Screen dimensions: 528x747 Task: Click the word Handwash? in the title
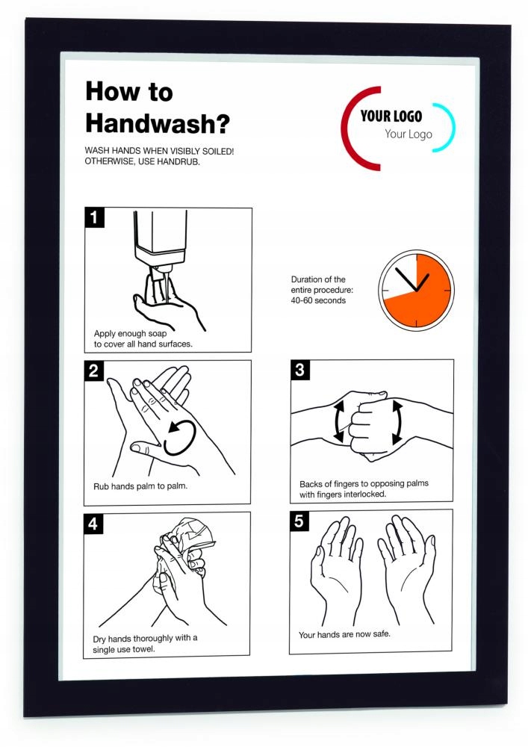158,123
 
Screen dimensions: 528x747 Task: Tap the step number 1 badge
94,217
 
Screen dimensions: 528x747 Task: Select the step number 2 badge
94,371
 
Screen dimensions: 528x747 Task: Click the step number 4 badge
93,523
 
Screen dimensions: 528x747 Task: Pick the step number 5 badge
299,521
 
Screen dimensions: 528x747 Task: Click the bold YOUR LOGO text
391,116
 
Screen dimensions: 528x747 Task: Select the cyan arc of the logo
450,127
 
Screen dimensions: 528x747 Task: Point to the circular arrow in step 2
181,437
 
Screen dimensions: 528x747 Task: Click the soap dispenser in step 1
160,243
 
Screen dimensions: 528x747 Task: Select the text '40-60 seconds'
318,300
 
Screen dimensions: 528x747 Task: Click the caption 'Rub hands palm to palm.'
140,486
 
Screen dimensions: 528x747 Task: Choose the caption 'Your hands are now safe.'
344,634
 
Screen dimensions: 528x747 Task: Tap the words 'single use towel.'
124,649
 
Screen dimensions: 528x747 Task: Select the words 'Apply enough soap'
130,333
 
